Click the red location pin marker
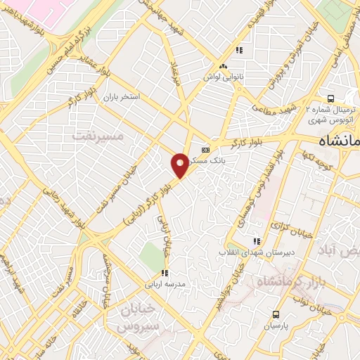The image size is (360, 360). [180, 165]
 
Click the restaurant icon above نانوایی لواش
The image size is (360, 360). [239, 50]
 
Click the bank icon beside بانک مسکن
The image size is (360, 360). [205, 149]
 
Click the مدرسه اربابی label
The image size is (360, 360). [164, 284]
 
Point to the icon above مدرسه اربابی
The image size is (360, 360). [165, 273]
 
